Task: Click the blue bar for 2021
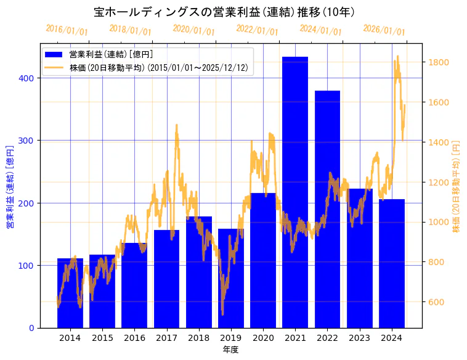coord(295,192)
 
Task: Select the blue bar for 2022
coord(327,209)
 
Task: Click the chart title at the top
coord(224,12)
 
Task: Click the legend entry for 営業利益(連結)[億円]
coord(111,55)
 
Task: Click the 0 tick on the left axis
coord(33,328)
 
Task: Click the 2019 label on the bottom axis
coord(231,338)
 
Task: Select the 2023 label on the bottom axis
coord(360,338)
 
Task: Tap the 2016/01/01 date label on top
coord(67,30)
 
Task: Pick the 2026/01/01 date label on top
coord(384,30)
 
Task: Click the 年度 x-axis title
coord(231,350)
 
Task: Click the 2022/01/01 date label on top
coord(257,30)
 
